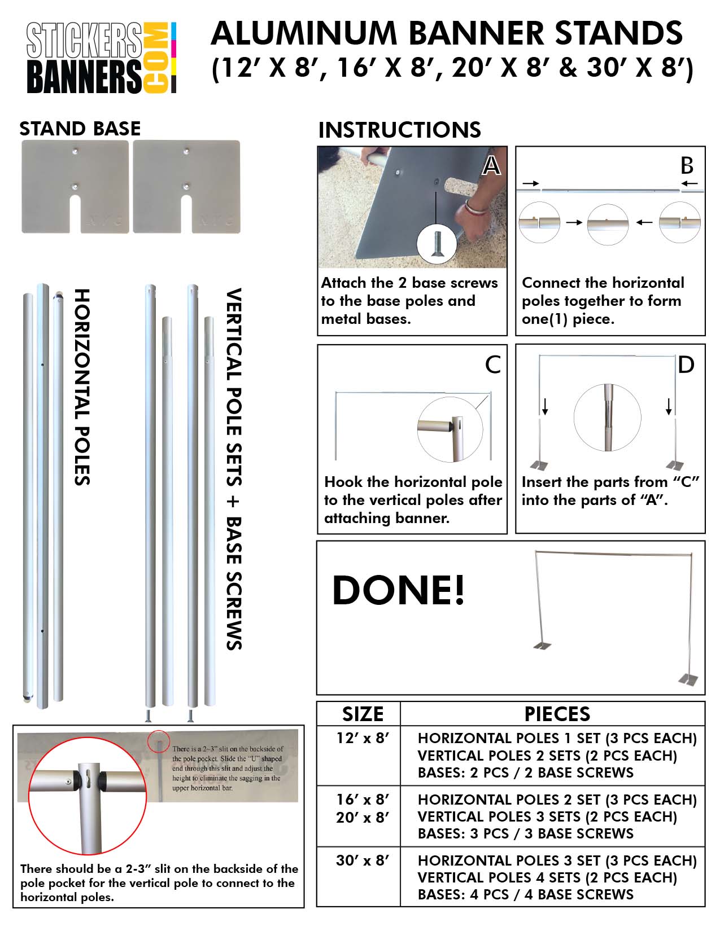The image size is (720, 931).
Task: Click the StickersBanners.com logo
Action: (x=102, y=58)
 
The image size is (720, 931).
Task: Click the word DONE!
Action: (x=398, y=590)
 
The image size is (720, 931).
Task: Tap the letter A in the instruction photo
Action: (x=492, y=166)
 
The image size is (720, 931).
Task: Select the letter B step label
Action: (x=687, y=166)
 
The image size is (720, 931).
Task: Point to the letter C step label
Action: (x=492, y=365)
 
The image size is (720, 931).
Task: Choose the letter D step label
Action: (x=686, y=365)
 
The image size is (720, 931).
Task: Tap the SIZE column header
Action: (x=363, y=714)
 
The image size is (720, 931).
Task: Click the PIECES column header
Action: (x=557, y=714)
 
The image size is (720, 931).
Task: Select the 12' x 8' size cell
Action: (x=363, y=738)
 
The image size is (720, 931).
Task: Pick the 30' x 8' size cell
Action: (x=363, y=860)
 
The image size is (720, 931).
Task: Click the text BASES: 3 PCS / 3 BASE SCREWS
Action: (x=525, y=833)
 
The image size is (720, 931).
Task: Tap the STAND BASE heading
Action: (x=80, y=129)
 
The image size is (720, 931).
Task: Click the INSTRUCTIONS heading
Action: (x=399, y=130)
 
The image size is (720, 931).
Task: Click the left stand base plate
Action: (x=75, y=186)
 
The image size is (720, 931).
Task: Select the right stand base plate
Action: (x=186, y=186)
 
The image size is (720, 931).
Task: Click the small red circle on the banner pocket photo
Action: (x=159, y=741)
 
